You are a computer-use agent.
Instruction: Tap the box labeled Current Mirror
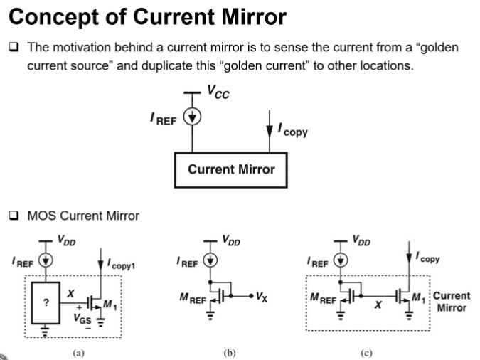[x=231, y=170]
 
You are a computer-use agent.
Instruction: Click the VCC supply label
[x=218, y=92]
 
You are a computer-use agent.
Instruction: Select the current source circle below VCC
[x=192, y=117]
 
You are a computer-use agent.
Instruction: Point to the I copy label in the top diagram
[x=293, y=130]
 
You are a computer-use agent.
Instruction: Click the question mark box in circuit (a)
[x=46, y=302]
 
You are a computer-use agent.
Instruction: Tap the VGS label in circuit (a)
[x=82, y=319]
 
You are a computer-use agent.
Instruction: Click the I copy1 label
[x=121, y=264]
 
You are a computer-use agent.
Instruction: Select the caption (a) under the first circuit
[x=79, y=353]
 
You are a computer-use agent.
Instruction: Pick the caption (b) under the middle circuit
[x=230, y=353]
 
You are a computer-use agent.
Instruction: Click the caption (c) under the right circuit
[x=366, y=353]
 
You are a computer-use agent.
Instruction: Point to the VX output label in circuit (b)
[x=262, y=297]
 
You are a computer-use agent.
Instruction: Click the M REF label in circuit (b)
[x=193, y=298]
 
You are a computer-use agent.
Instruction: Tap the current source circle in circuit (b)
[x=210, y=260]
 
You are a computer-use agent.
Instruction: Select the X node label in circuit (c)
[x=378, y=305]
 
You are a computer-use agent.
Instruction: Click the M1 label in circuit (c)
[x=418, y=297]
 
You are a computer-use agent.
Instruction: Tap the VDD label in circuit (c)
[x=361, y=240]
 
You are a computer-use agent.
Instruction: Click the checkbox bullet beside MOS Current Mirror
[x=14, y=216]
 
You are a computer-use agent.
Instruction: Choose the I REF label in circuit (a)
[x=22, y=262]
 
